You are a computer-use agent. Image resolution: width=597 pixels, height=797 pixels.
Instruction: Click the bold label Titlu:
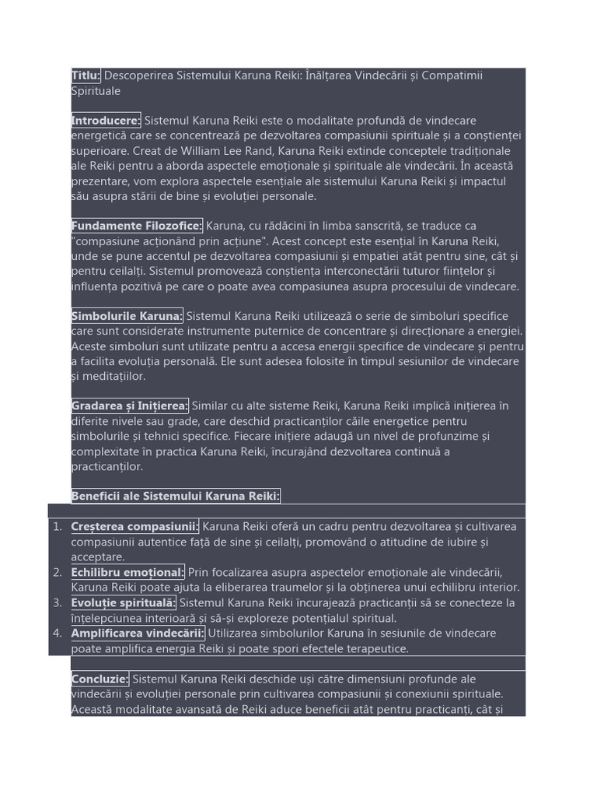coord(86,75)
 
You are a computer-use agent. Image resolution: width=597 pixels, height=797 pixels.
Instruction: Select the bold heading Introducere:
coord(106,121)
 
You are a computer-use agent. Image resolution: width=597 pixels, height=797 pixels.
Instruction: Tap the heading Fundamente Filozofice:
coord(136,226)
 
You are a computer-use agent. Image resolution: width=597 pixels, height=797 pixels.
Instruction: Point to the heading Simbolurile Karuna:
coord(127,316)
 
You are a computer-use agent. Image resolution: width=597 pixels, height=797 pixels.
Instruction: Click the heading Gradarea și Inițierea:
coord(129,406)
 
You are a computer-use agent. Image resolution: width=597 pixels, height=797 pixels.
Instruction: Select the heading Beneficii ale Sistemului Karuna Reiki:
coord(175,497)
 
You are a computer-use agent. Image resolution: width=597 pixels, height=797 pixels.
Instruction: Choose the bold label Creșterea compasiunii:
coord(134,527)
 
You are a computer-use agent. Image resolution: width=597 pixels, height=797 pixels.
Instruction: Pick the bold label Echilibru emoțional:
coord(127,573)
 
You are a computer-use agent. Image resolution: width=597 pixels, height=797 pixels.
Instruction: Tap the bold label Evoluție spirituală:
coord(124,603)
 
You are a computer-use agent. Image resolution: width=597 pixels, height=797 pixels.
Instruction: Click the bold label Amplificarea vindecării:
coord(138,634)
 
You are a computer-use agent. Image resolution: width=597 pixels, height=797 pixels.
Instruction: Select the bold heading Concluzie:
coord(99,679)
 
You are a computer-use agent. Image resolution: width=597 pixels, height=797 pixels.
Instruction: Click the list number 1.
coord(57,527)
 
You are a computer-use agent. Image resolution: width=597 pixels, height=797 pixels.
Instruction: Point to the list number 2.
coord(57,573)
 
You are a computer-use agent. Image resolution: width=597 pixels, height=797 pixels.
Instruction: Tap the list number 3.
coord(57,603)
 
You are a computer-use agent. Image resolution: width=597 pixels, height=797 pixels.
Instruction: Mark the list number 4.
coord(57,634)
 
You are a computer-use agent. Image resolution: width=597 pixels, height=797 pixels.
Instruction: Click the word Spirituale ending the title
coord(96,91)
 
